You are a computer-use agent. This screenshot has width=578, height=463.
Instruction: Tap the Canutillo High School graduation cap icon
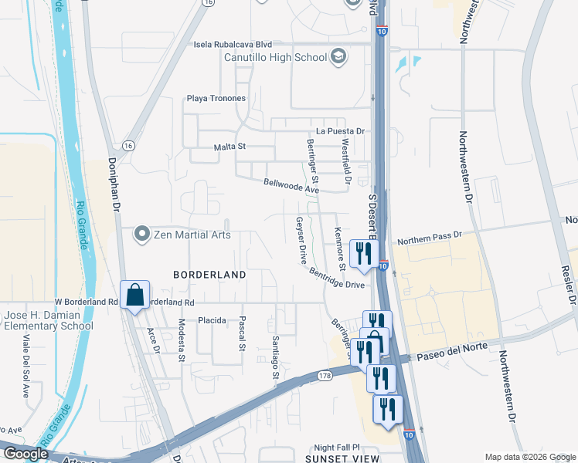338,56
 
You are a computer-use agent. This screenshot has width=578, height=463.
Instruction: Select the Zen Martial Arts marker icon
141,233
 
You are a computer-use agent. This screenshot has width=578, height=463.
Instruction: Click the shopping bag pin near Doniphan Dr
134,295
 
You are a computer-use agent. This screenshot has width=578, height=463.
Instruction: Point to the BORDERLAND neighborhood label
209,275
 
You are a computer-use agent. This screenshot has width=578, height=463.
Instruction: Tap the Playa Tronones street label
216,99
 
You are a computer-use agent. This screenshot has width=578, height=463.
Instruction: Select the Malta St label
229,147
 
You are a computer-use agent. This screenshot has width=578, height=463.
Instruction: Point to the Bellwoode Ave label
291,186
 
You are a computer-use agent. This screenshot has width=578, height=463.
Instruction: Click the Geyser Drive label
298,240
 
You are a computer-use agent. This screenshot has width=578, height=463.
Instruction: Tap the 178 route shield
326,376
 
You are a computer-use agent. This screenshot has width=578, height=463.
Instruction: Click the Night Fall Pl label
338,448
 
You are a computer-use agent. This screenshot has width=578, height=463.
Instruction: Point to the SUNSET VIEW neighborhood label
347,458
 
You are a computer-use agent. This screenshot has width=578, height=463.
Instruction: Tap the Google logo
25,455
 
